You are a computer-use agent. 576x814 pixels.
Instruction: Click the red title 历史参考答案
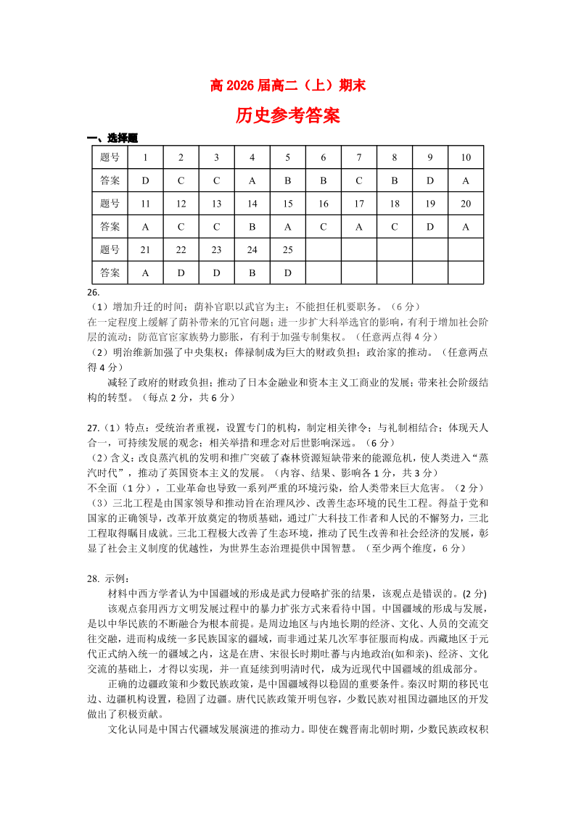pyautogui.click(x=287, y=115)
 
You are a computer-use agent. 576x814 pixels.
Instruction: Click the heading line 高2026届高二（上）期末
pyautogui.click(x=287, y=86)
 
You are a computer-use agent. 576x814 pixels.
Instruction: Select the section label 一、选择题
pyautogui.click(x=112, y=138)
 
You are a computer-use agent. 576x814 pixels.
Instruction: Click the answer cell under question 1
pyautogui.click(x=145, y=180)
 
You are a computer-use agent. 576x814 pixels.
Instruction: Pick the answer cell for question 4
pyautogui.click(x=252, y=180)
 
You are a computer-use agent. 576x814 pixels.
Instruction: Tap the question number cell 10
pyautogui.click(x=466, y=157)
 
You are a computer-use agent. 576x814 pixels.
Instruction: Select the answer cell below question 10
pyautogui.click(x=466, y=180)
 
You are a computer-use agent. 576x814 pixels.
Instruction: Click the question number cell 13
pyautogui.click(x=216, y=204)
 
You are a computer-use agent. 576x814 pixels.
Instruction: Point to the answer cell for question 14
pyautogui.click(x=252, y=227)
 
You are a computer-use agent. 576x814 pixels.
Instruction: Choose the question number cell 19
pyautogui.click(x=430, y=204)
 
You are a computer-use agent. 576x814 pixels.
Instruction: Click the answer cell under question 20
pyautogui.click(x=466, y=227)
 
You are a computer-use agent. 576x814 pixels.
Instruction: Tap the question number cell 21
pyautogui.click(x=145, y=250)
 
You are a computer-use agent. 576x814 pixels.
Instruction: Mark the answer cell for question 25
pyautogui.click(x=288, y=273)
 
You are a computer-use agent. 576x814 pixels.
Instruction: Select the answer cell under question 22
pyautogui.click(x=181, y=273)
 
